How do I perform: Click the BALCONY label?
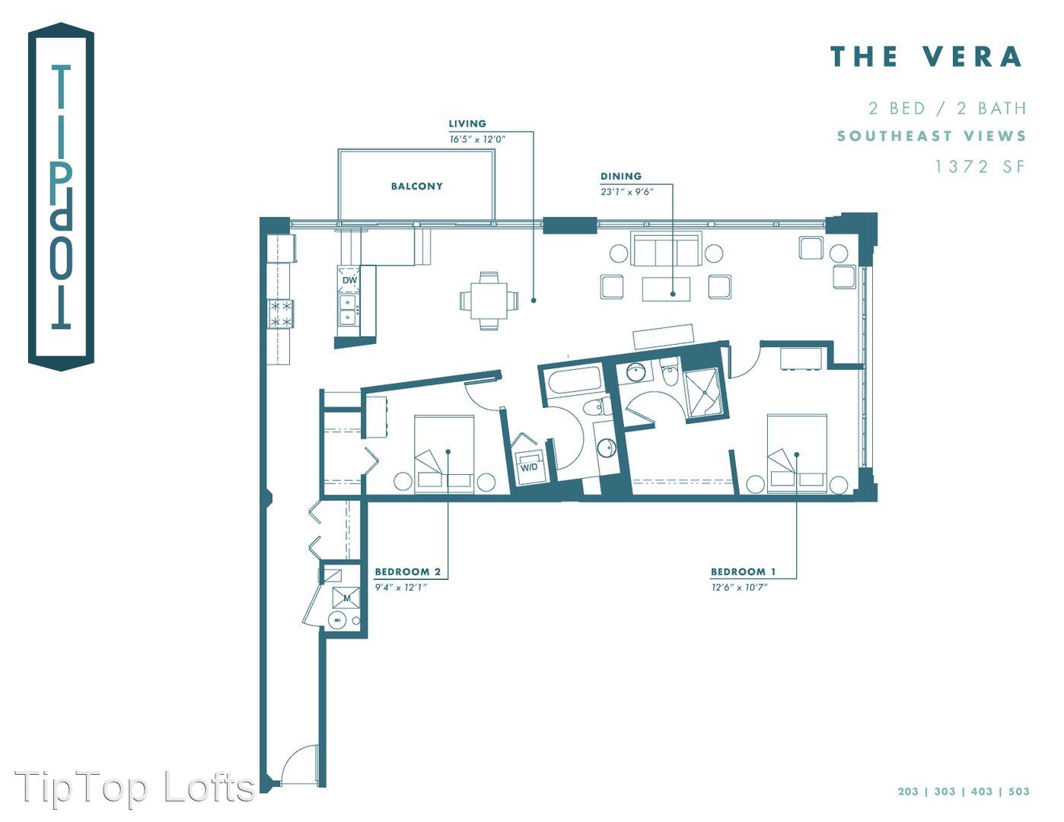(x=416, y=186)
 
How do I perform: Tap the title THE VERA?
(x=927, y=56)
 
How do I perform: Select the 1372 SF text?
(x=980, y=167)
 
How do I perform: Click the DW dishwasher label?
(x=349, y=281)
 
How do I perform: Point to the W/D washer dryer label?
(x=529, y=467)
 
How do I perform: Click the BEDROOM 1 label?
(x=744, y=572)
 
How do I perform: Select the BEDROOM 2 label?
(x=408, y=572)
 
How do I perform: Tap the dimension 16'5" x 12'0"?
(x=477, y=139)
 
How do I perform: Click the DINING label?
(x=621, y=176)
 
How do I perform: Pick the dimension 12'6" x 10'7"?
(x=739, y=587)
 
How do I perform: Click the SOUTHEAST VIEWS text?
(x=932, y=135)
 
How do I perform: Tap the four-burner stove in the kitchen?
(x=281, y=314)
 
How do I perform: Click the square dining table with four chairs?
(x=488, y=301)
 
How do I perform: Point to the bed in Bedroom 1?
(x=797, y=454)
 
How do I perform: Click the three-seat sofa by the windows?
(x=666, y=250)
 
